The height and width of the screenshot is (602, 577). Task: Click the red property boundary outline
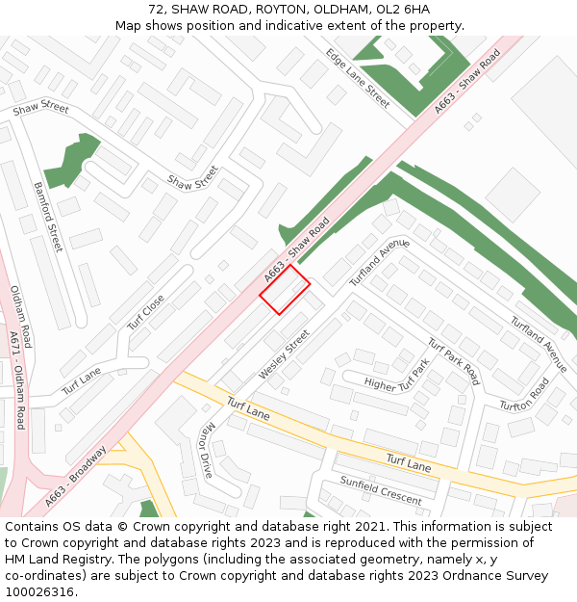285,289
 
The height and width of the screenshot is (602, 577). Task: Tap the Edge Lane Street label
357,78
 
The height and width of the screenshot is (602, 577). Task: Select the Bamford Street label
47,217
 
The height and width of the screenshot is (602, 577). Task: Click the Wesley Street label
284,354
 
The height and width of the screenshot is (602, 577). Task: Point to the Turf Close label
146,312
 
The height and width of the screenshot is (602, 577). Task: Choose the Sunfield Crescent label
381,490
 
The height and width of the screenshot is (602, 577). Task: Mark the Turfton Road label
524,393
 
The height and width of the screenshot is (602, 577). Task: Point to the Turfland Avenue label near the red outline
379,263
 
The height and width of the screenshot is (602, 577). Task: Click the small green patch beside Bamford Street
72,161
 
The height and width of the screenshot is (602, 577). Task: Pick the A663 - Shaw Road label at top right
467,83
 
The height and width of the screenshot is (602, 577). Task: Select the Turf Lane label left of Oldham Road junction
82,382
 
